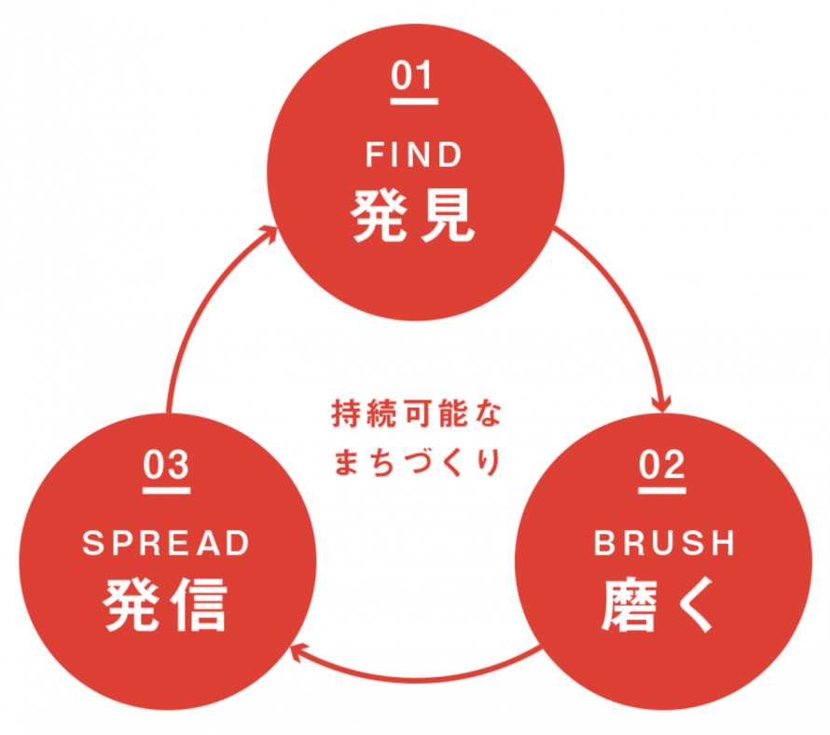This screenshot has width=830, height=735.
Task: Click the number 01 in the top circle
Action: coord(414,75)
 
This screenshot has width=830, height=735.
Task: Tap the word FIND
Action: coord(414,155)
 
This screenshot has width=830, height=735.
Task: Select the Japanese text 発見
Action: coord(414,217)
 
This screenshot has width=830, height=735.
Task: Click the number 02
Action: coord(663,463)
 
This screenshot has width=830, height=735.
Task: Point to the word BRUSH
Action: coord(663,543)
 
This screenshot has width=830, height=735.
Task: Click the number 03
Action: coord(167,463)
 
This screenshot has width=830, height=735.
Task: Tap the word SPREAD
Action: coord(166,543)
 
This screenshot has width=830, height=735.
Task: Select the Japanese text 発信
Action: coord(166,606)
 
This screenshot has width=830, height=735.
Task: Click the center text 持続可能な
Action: coord(416,414)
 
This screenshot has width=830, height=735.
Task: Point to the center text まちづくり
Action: coord(416,461)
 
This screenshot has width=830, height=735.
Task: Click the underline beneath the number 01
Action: coord(414,93)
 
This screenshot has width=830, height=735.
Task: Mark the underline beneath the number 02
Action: coord(663,482)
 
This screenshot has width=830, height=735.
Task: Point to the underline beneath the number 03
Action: coord(167,482)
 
